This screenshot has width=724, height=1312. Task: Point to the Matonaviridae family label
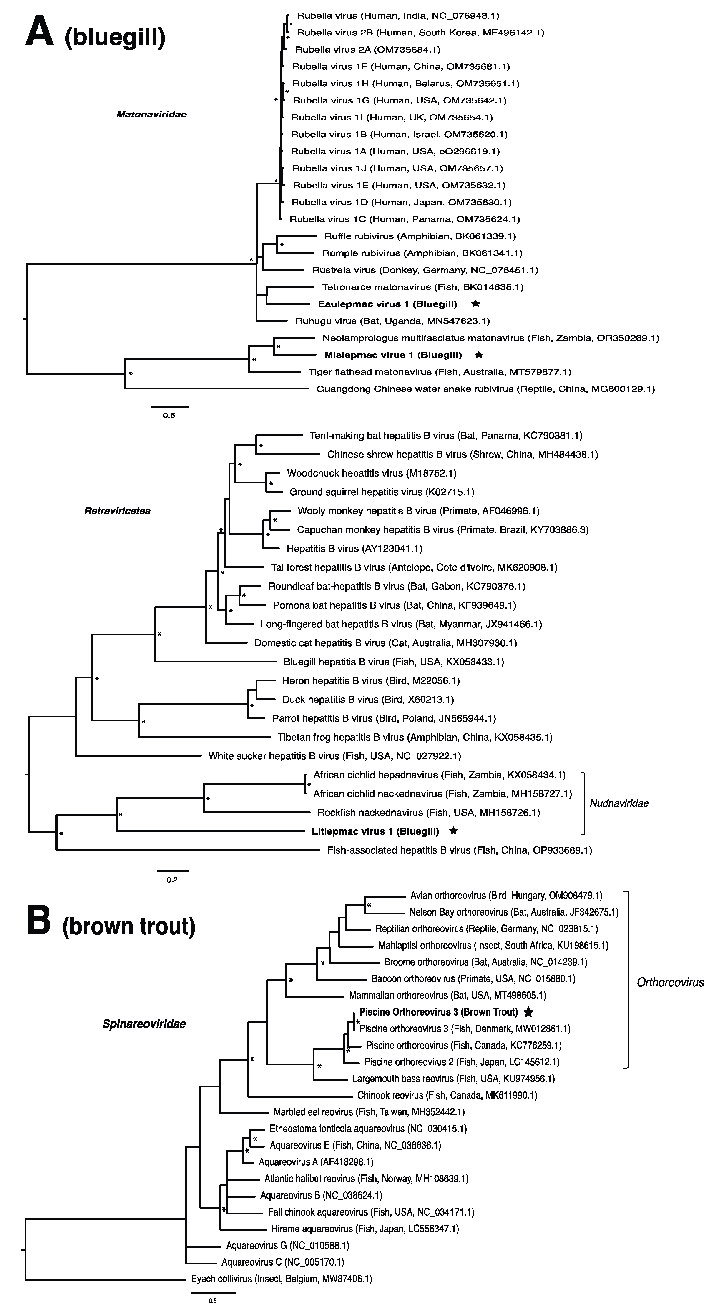[151, 114]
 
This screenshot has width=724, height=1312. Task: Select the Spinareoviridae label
[144, 1024]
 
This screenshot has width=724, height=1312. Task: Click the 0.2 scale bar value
[172, 880]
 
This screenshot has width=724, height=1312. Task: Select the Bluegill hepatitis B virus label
[393, 662]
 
